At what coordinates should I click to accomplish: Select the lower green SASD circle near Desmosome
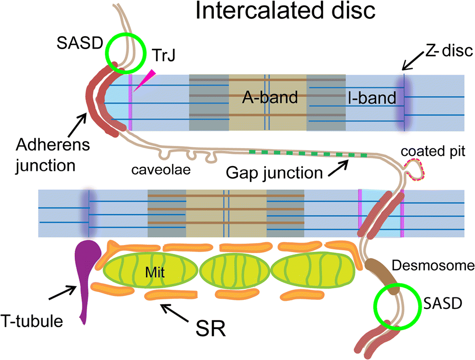pyautogui.click(x=396, y=305)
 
